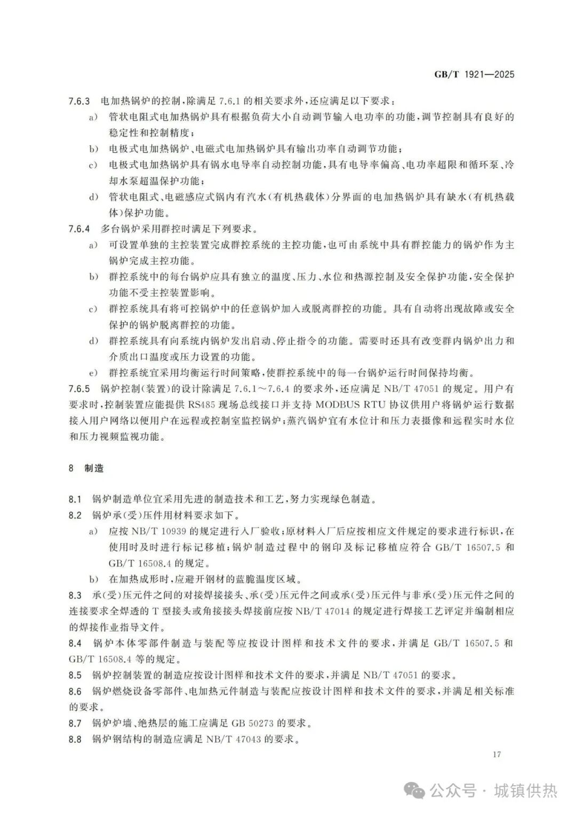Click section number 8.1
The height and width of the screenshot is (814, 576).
tap(75, 500)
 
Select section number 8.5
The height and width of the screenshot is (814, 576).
tap(75, 675)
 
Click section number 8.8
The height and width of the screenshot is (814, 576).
tap(75, 739)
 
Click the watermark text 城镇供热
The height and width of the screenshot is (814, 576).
tap(526, 790)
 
